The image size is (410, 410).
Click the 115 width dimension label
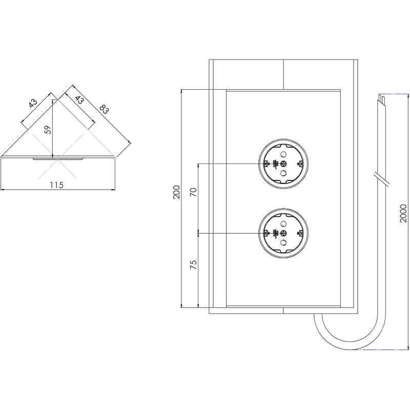pos(56,185)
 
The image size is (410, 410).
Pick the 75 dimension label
pos(193,265)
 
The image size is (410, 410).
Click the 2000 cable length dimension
pos(403,212)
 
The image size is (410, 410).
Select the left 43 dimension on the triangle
pos(32,103)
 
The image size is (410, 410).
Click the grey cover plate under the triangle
pos(57,159)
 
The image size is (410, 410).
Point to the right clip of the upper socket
pos(301,164)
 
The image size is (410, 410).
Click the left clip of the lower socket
pos(266,234)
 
